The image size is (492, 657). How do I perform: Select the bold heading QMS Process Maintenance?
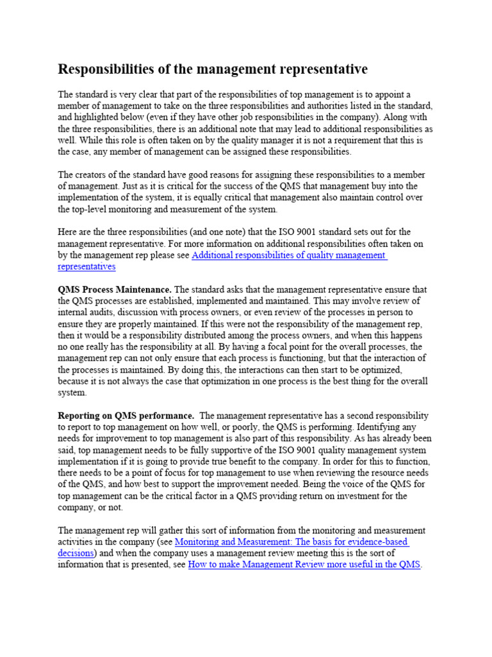tap(115, 289)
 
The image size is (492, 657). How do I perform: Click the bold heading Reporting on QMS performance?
tap(126, 416)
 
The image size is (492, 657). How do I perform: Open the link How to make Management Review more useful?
tap(304, 565)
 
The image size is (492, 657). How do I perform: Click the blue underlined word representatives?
tap(86, 266)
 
